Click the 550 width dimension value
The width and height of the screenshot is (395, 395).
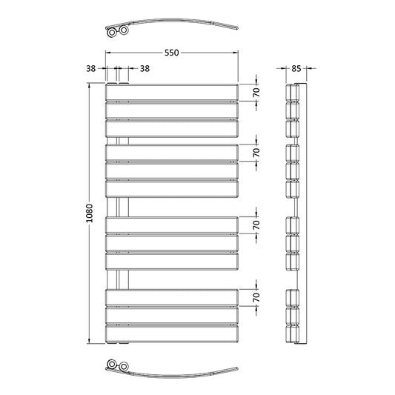click(172, 53)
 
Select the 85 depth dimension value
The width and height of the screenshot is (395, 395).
click(296, 69)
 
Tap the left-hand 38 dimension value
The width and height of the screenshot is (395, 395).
click(91, 69)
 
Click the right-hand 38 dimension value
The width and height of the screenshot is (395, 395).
click(145, 69)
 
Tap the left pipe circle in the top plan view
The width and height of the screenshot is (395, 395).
click(112, 33)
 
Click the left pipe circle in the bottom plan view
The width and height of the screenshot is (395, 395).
click(112, 365)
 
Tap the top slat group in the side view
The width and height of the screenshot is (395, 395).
click(295, 110)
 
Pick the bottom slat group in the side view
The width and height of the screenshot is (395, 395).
click(295, 316)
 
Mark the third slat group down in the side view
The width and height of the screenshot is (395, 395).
click(295, 244)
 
